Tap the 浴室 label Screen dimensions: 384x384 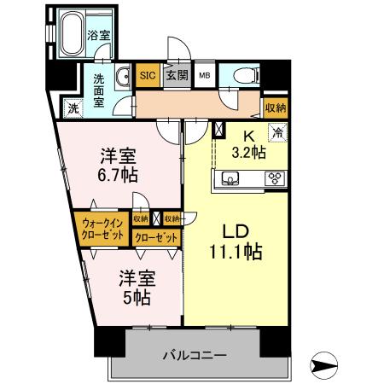[99, 36]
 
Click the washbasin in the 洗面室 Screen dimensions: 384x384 [121, 74]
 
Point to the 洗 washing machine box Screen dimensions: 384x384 [73, 108]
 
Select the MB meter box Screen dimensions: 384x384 [205, 75]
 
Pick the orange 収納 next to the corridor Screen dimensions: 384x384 [275, 107]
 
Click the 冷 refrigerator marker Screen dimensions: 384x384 [277, 132]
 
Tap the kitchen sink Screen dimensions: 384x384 [230, 178]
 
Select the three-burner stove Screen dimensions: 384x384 [276, 178]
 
